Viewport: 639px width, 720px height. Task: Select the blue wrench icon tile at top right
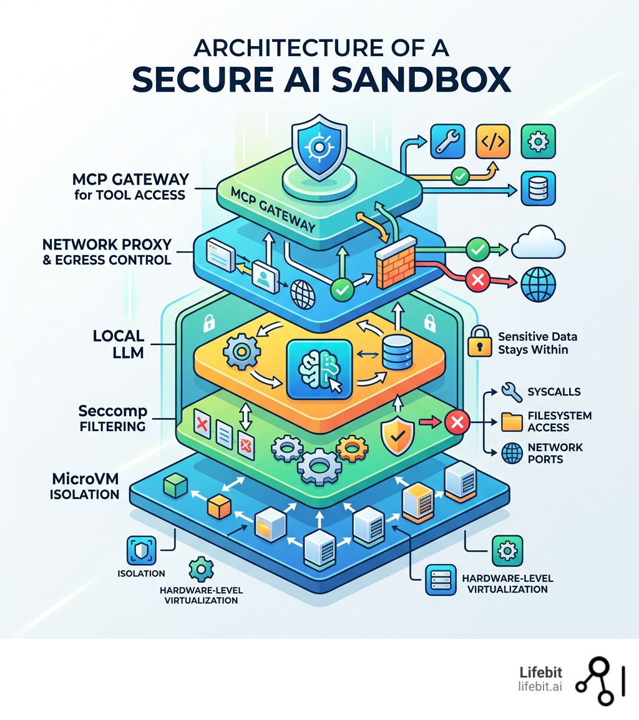coord(447,142)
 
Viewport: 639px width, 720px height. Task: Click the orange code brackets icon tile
coord(492,142)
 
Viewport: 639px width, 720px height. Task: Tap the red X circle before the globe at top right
coord(478,281)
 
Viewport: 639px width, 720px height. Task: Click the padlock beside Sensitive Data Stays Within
coord(479,341)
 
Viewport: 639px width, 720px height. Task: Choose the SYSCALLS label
coord(554,392)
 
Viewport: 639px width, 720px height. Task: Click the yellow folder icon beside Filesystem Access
coord(512,422)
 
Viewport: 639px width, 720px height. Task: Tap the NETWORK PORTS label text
coord(555,454)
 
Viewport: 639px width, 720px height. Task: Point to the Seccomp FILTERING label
coord(112,419)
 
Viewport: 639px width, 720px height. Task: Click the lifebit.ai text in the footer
coord(540,687)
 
